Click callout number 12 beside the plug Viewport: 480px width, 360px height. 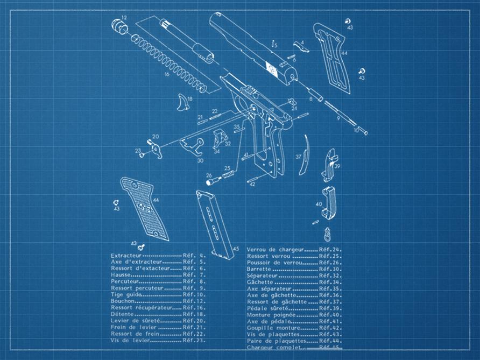(124, 18)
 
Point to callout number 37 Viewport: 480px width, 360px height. (298, 157)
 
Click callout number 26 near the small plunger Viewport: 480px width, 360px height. (209, 175)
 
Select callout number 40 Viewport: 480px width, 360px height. (319, 204)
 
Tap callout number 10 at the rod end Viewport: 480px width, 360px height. (356, 130)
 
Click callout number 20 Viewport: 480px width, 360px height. (156, 137)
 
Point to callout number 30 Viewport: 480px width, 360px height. (200, 160)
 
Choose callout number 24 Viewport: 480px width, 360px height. (294, 108)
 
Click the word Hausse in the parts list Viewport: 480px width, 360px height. (121, 274)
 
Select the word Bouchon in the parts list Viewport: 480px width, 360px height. (123, 301)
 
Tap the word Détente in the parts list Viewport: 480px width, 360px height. (122, 314)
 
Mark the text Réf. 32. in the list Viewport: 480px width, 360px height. (329, 276)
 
